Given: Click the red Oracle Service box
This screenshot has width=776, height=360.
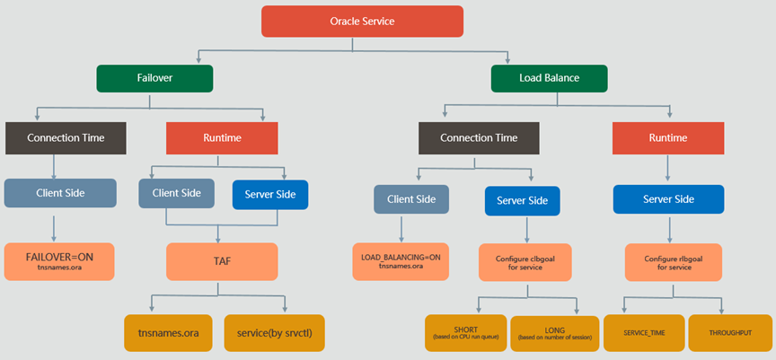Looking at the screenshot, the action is pos(362,22).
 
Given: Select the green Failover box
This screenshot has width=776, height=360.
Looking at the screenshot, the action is pos(154,78).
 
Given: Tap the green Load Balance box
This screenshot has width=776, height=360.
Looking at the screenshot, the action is pos(550,78).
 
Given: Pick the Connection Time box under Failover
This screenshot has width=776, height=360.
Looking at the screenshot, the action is pos(66,138).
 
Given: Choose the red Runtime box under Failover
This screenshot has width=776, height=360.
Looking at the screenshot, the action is pos(222,138).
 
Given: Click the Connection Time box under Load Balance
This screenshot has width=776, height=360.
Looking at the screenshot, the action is pos(479,138).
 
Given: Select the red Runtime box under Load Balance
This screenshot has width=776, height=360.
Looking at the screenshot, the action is pos(668,138).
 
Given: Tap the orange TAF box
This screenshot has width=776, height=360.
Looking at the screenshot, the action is pos(222,261).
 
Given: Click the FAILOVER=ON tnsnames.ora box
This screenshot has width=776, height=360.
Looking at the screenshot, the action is pos(59,261).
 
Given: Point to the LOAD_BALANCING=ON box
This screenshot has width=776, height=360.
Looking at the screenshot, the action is pos(401,261).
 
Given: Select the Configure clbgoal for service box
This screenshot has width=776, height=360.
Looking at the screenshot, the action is pos(526,262).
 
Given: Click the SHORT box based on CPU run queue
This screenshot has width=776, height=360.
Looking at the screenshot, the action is pos(466,333).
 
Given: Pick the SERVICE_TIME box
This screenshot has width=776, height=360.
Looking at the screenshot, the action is pos(644,333).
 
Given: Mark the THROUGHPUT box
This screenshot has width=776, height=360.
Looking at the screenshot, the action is pos(729,333).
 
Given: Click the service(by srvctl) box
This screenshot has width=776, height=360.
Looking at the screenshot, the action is pos(275,333).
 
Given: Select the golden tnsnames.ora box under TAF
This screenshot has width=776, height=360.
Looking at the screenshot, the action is pos(168,333).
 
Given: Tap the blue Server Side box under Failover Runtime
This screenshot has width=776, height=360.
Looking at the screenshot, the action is pos(270,194).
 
